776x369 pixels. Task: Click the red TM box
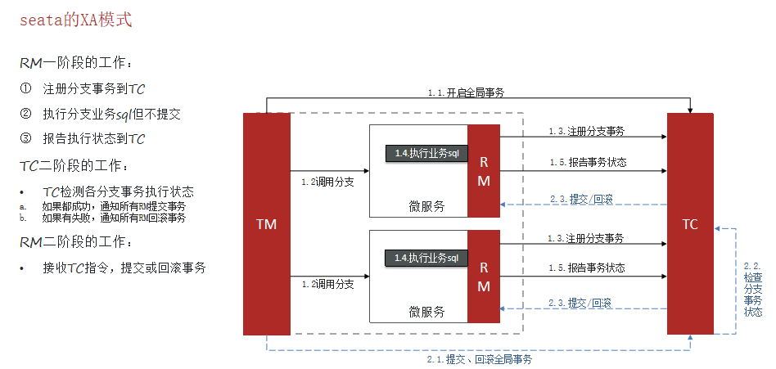tap(267, 223)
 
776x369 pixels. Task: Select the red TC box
tap(690, 223)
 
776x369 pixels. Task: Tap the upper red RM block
tap(484, 171)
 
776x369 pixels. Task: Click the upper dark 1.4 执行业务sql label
tap(426, 153)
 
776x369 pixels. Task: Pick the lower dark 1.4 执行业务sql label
tap(426, 258)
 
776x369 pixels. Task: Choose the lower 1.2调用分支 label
tap(327, 284)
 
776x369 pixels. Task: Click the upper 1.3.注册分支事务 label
tap(586, 131)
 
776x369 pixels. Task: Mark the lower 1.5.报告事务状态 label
tap(586, 268)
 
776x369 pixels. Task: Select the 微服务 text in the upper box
tap(427, 206)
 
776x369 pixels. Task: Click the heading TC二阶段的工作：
tap(74, 166)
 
